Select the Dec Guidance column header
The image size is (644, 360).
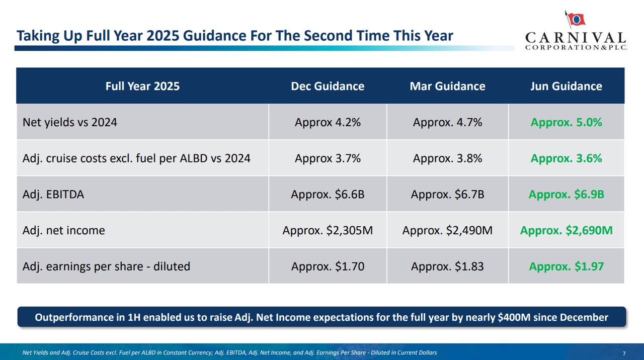point(328,86)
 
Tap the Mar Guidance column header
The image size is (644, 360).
point(447,86)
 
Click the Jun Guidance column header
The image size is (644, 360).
point(566,86)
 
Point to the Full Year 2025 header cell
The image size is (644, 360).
point(142,86)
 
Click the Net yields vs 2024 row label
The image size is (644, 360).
point(70,122)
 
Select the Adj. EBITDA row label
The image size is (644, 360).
point(53,194)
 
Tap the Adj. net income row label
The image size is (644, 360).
point(64,230)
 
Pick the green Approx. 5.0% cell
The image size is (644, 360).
point(566,122)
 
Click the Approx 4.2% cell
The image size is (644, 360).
point(328,122)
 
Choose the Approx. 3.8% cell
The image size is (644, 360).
point(447,158)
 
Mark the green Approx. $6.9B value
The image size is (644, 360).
point(566,194)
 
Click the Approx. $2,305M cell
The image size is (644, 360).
point(328,230)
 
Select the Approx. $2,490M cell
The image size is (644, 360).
point(447,230)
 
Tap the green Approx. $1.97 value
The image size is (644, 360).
point(566,266)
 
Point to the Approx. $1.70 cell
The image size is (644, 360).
point(328,266)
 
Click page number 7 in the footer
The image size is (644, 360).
point(624,352)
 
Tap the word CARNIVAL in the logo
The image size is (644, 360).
point(575,38)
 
